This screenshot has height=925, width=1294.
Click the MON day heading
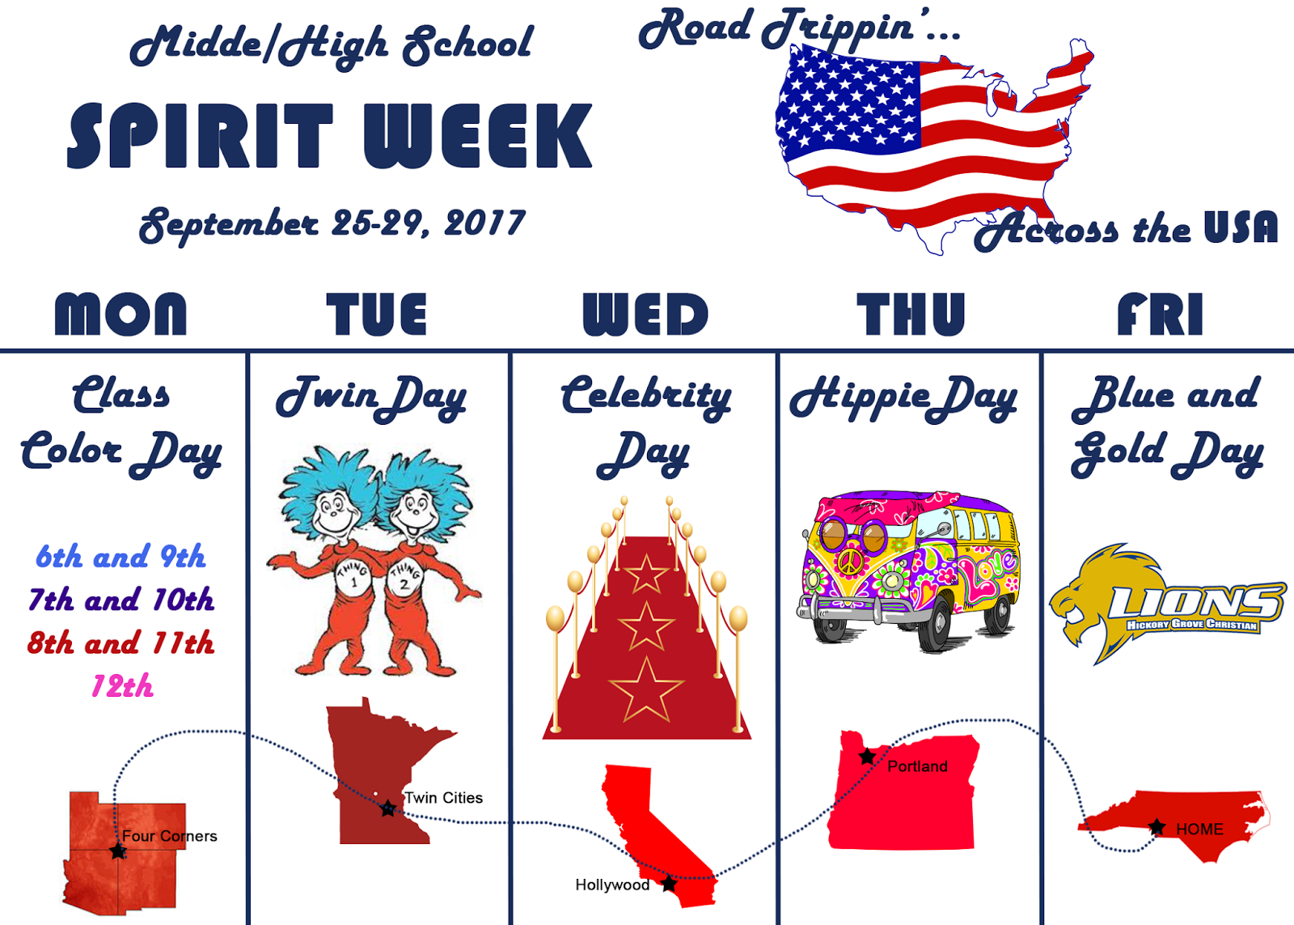tap(121, 314)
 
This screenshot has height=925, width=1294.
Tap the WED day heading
tap(645, 314)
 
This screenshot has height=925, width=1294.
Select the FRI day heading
tap(1160, 314)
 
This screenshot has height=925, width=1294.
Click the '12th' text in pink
tap(122, 686)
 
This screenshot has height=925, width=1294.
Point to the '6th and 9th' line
tap(121, 557)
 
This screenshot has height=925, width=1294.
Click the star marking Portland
tap(867, 757)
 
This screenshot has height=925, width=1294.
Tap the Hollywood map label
tap(612, 885)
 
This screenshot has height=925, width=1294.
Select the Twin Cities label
tap(443, 798)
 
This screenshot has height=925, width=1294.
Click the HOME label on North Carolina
tap(1199, 830)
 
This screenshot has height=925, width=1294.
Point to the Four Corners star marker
tap(118, 851)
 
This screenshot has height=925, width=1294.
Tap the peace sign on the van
tap(849, 563)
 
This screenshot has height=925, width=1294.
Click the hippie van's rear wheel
tap(999, 615)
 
